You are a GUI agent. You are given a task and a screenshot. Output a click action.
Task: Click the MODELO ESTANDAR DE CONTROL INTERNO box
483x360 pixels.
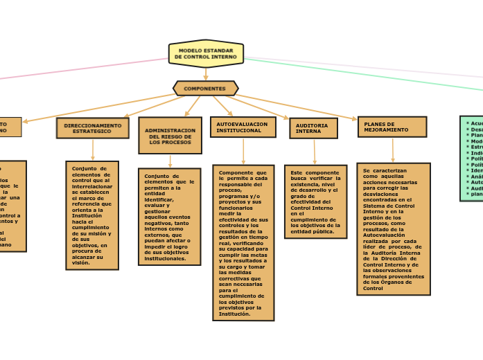pos(206,53)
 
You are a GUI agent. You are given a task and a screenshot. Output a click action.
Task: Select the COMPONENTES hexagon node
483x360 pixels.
pos(205,89)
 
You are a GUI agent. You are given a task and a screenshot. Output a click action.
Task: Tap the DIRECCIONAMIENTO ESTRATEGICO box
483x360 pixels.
pos(92,128)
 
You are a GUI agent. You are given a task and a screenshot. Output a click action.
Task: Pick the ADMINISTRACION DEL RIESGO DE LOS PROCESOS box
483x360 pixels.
pos(170,135)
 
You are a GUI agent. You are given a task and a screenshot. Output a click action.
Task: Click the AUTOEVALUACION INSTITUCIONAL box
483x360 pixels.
pos(243,127)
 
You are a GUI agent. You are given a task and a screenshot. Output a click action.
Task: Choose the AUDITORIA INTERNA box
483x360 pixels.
pos(313,128)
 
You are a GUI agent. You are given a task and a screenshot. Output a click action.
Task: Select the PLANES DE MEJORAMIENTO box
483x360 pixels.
pos(392,127)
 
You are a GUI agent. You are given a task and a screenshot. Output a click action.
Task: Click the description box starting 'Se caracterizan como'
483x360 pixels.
pos(394,228)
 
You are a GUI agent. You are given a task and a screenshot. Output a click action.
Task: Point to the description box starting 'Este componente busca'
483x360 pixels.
pos(315,201)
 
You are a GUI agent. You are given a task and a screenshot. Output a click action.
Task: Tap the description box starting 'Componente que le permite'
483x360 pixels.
pos(243,242)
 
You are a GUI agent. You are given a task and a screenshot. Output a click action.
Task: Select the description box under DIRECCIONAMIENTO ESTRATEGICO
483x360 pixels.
pos(92,215)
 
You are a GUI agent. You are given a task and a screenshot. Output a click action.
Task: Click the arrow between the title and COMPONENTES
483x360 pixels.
pos(206,74)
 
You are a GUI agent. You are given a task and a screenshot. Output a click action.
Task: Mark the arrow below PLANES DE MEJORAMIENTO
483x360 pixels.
pos(393,150)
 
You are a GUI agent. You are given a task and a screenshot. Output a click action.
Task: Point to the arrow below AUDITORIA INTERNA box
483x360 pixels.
pos(315,152)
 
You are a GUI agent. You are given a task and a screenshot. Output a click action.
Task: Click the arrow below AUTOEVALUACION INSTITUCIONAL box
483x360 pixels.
pos(243,151)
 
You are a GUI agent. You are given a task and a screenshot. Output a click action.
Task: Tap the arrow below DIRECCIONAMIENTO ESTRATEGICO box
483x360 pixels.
pos(92,150)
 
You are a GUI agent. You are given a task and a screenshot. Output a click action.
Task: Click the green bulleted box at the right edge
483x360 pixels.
pos(472,159)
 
